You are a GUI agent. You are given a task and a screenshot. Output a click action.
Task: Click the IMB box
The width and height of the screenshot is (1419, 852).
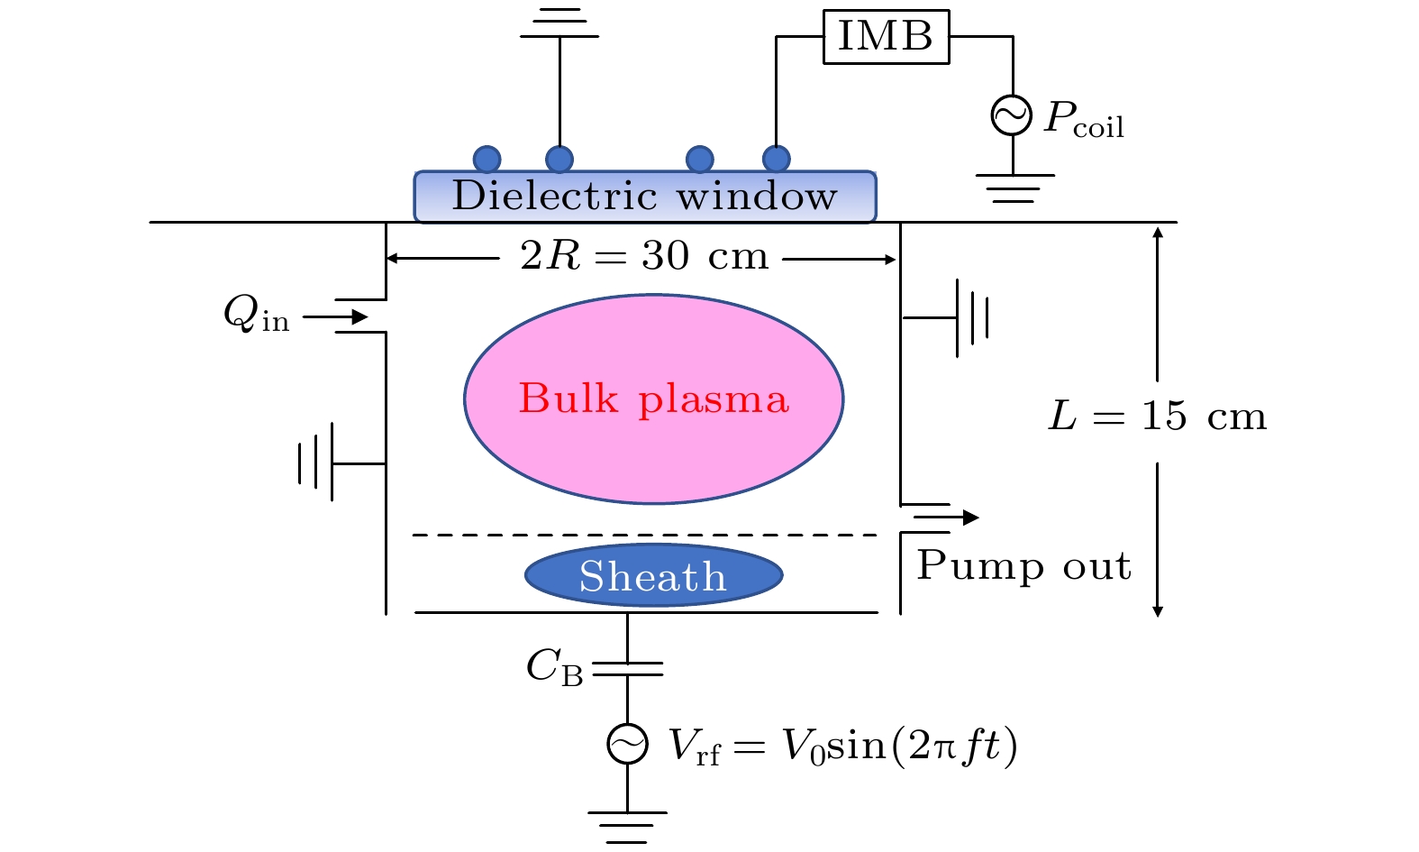(x=886, y=37)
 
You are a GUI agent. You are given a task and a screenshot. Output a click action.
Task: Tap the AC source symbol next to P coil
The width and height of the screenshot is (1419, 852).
(x=1012, y=115)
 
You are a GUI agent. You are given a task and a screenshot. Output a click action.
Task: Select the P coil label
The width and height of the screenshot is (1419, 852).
(x=1084, y=119)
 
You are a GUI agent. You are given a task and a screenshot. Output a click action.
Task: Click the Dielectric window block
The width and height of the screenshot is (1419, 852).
(x=645, y=197)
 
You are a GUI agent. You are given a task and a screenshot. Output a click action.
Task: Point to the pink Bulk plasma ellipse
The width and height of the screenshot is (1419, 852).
(x=653, y=399)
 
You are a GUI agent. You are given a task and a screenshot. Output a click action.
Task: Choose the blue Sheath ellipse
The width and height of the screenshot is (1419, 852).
(x=653, y=575)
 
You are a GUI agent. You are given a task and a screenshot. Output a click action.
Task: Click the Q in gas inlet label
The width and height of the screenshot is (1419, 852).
(x=256, y=316)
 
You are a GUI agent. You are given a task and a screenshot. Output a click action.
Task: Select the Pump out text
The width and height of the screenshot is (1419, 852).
(x=1023, y=566)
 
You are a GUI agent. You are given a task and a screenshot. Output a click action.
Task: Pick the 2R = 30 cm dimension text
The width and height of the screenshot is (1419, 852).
(x=644, y=257)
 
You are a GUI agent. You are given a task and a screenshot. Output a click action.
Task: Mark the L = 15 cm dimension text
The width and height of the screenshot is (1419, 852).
(x=1158, y=417)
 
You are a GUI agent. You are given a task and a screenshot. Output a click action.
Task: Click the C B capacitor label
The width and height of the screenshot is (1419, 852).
(x=554, y=668)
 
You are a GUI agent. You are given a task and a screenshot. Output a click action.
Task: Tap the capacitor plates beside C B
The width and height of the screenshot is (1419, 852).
(x=627, y=668)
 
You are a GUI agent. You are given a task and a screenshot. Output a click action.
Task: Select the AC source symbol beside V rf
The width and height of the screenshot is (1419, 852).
(x=627, y=745)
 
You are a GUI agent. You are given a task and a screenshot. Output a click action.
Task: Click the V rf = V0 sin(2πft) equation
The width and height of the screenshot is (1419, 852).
(x=842, y=747)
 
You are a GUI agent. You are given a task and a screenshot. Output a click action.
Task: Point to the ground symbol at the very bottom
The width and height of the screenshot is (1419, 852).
(x=627, y=825)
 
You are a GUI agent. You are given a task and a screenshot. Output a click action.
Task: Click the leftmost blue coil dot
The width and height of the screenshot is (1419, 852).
(x=487, y=160)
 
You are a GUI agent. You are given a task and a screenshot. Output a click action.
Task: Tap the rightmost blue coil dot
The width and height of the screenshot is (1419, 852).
(x=776, y=160)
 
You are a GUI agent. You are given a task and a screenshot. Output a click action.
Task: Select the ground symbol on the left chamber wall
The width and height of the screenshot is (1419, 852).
(x=317, y=463)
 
